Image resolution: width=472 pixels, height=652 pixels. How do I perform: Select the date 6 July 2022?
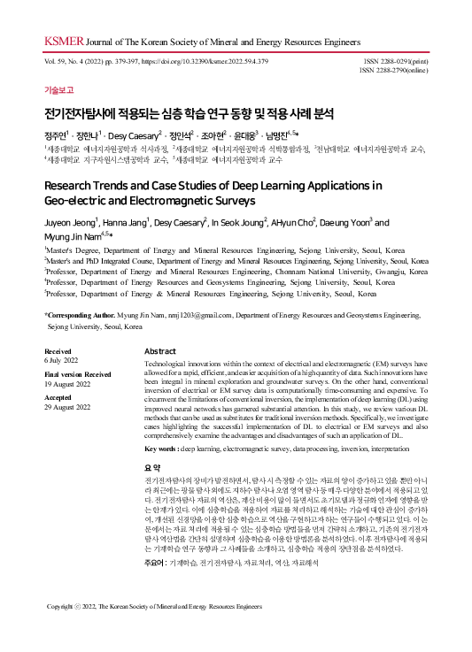[62, 361]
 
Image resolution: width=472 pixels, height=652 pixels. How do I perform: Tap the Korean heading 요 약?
[152, 466]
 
